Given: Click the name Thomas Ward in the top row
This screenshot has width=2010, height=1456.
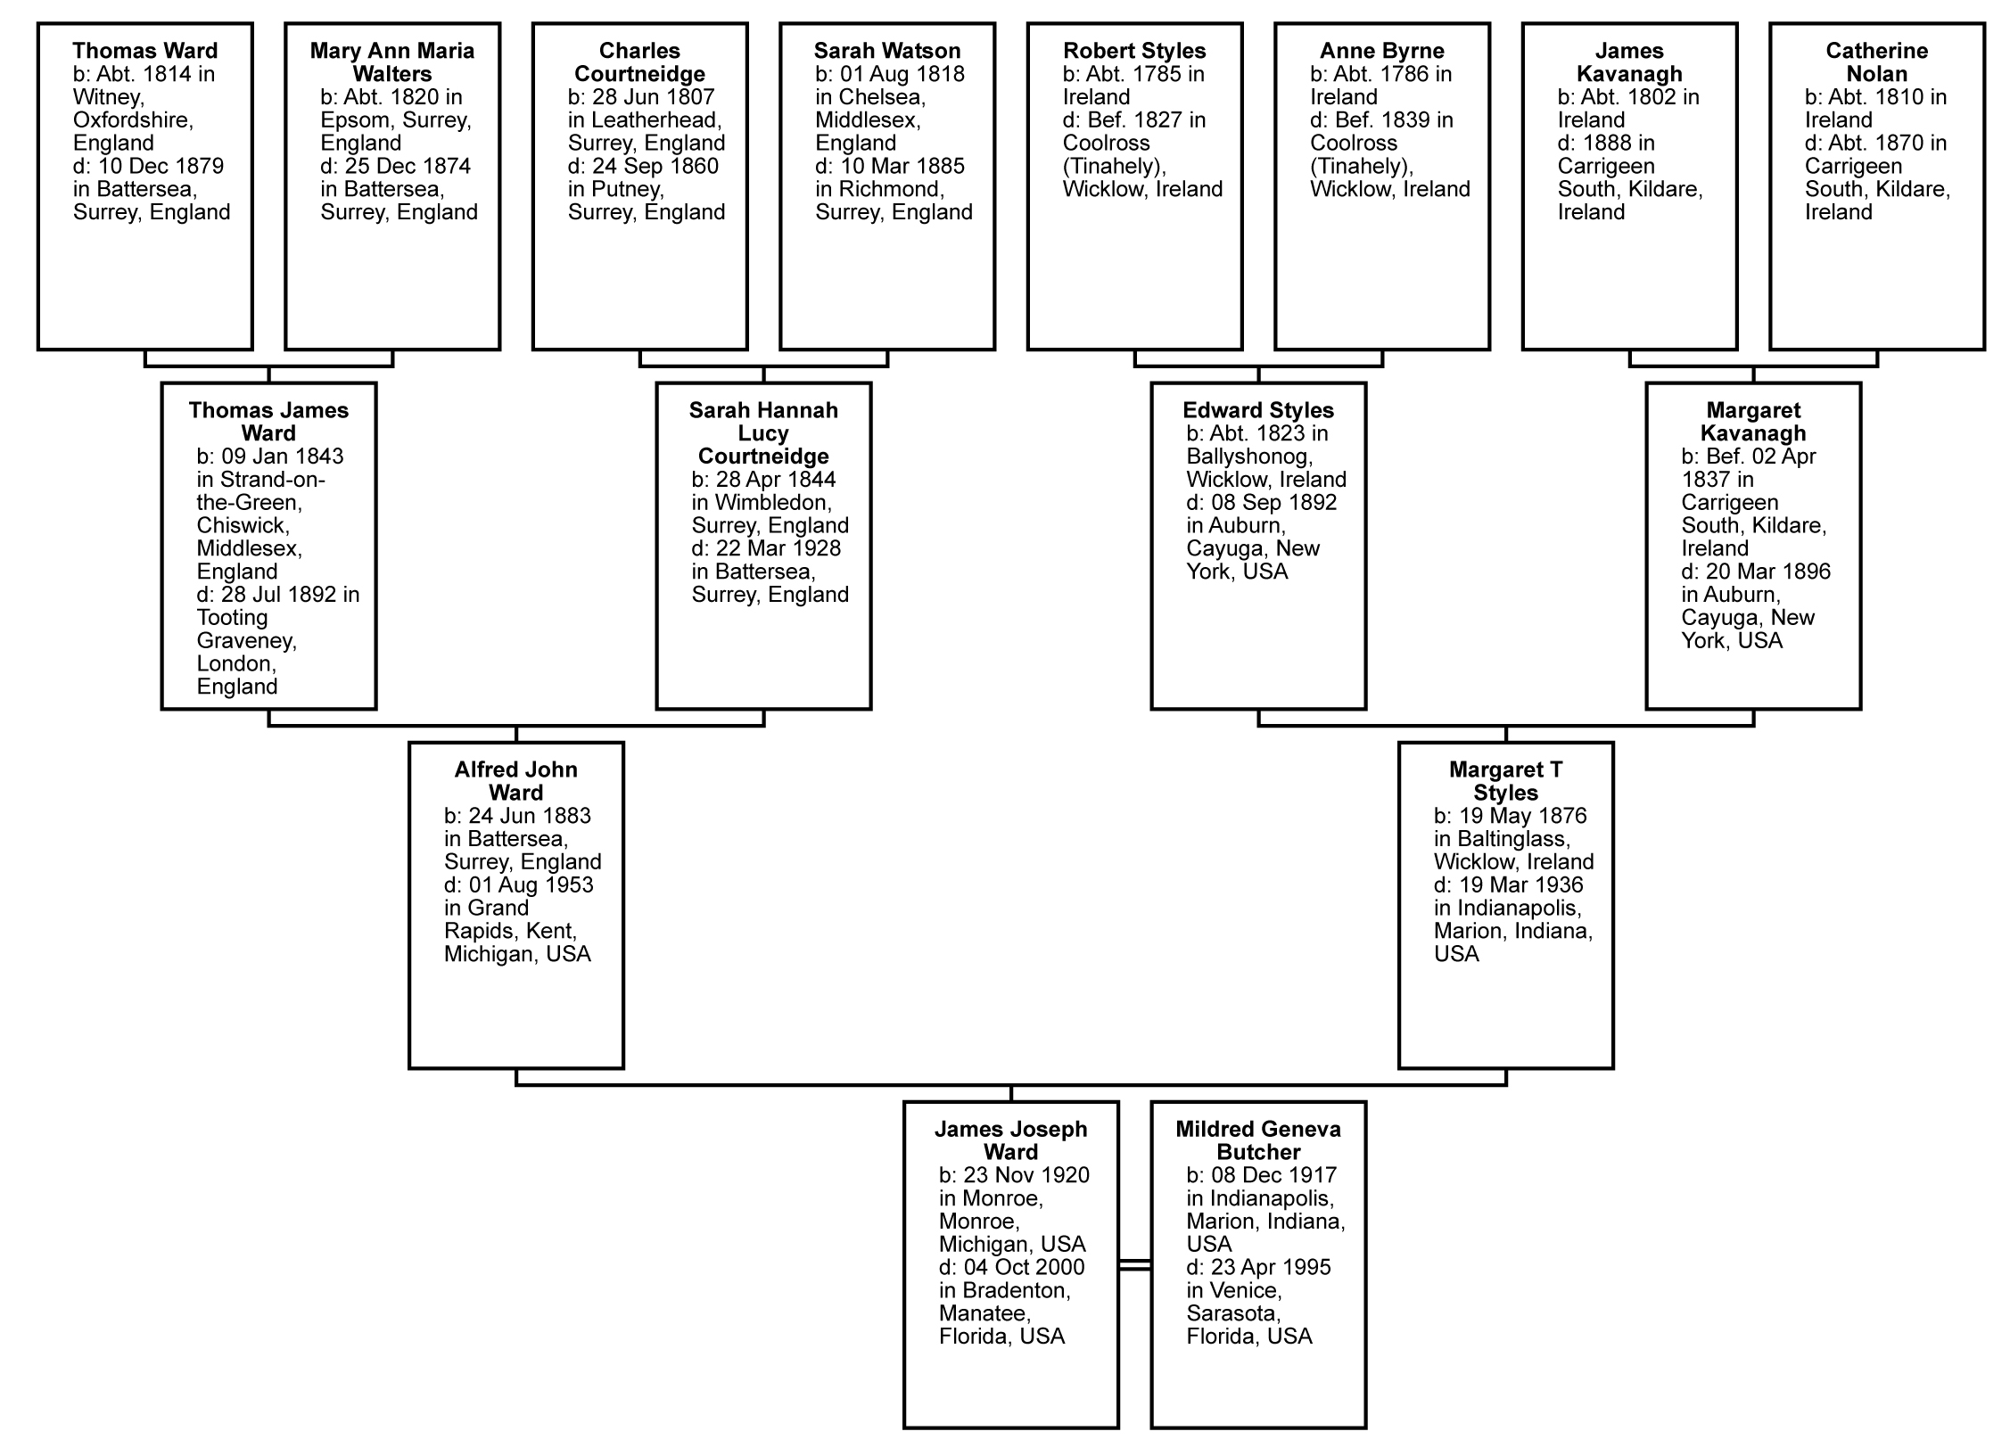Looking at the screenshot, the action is click(x=145, y=51).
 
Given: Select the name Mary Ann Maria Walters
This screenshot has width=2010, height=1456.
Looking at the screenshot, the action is click(x=392, y=62).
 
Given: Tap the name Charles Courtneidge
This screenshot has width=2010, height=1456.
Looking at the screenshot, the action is click(x=639, y=62).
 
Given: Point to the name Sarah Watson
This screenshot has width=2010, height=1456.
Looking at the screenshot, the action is click(x=887, y=51).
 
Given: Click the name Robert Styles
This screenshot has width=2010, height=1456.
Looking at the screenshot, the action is click(x=1134, y=51).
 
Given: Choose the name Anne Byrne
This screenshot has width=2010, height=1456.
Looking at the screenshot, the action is click(x=1382, y=51).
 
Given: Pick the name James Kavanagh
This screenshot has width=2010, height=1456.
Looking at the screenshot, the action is click(x=1629, y=62).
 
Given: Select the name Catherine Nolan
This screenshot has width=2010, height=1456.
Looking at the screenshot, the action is click(x=1877, y=62).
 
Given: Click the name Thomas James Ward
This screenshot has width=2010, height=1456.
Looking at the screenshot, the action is click(x=268, y=422).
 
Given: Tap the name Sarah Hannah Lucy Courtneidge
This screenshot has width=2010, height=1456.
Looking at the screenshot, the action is click(x=763, y=433).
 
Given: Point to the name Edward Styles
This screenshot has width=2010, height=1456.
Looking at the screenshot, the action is click(x=1258, y=410).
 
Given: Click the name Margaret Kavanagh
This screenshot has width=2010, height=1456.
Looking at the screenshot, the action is click(x=1753, y=422).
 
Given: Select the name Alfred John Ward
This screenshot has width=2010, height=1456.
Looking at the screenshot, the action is click(x=516, y=781).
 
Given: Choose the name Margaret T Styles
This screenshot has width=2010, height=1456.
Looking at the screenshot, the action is click(x=1506, y=781).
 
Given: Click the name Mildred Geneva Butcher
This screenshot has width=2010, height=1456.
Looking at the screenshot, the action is click(x=1258, y=1140).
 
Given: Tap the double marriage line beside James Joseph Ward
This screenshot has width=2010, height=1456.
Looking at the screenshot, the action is click(x=1134, y=1265).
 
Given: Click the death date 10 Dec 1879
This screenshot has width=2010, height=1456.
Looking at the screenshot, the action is click(x=161, y=166).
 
